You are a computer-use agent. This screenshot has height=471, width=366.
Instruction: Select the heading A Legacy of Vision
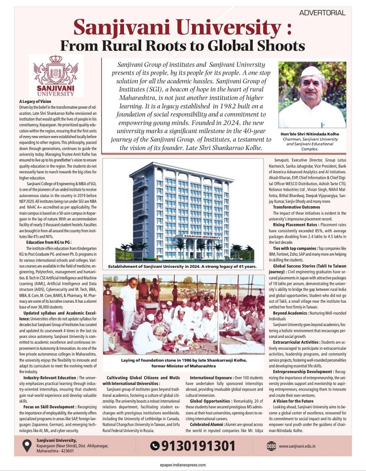click(35, 101)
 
